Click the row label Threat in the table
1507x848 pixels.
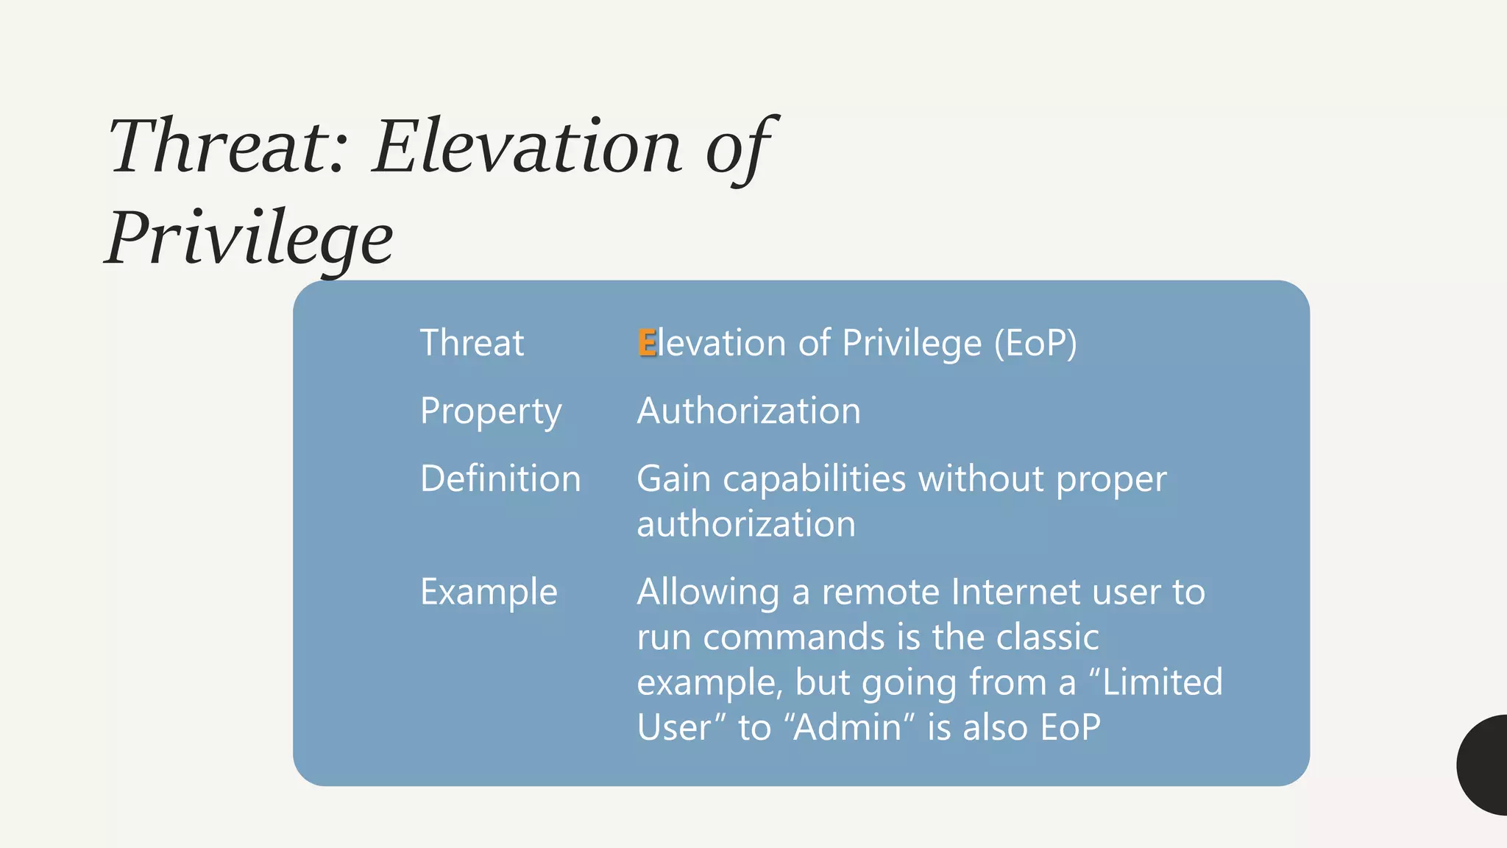click(x=472, y=343)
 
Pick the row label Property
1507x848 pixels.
click(x=491, y=411)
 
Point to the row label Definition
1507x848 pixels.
click(x=500, y=479)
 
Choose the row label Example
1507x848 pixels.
click(x=489, y=592)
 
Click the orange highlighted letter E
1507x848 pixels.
click(x=647, y=343)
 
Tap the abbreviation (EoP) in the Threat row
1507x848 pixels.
click(x=1035, y=343)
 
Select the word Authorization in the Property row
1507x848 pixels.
click(x=748, y=411)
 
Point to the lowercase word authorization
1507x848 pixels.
click(x=745, y=524)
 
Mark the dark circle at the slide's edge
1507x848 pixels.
click(x=1485, y=765)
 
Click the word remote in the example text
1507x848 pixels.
click(x=880, y=592)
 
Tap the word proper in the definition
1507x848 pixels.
click(x=1110, y=481)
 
